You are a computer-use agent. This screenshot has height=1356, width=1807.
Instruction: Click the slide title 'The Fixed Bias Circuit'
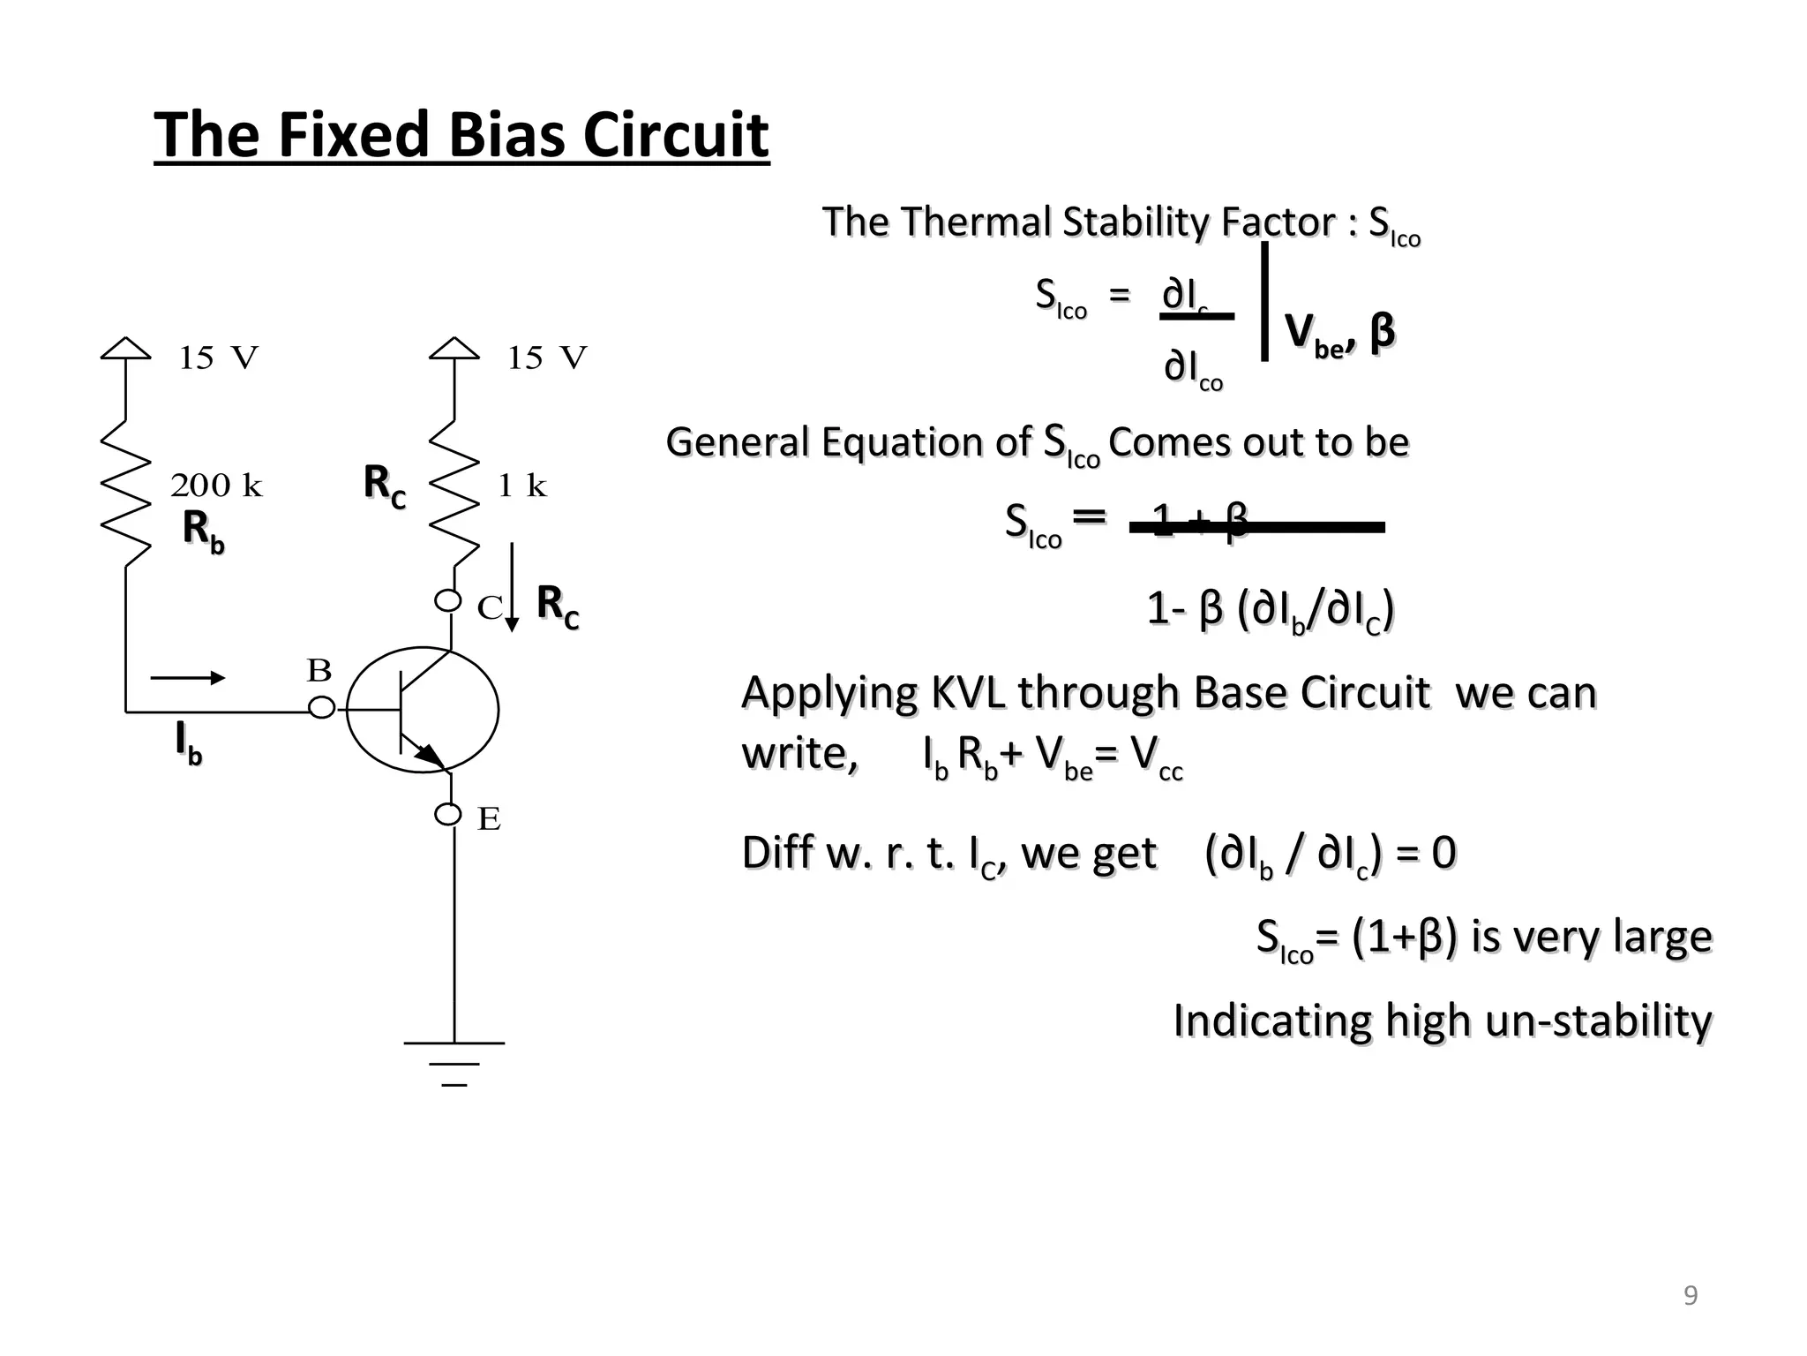click(x=461, y=135)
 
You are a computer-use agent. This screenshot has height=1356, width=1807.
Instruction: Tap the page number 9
click(x=1691, y=1296)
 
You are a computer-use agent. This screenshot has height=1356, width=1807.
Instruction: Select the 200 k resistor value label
click(x=216, y=486)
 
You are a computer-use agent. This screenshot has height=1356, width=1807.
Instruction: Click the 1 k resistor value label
click(x=522, y=486)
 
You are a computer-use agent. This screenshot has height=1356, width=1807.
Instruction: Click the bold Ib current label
click(x=189, y=742)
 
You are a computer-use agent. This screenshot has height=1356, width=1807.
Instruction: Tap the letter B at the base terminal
click(x=319, y=672)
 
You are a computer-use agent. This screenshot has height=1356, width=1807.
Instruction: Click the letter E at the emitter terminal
click(x=489, y=820)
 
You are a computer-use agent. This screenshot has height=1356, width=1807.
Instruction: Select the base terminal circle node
click(x=322, y=708)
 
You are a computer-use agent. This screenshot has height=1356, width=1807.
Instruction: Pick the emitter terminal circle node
click(x=448, y=814)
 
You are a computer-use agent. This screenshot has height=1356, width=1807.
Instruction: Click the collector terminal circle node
click(x=448, y=601)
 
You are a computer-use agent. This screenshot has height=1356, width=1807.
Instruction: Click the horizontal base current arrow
click(x=188, y=678)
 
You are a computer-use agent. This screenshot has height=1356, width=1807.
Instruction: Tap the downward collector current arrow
click(x=512, y=588)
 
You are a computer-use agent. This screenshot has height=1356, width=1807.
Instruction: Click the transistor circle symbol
click(x=423, y=710)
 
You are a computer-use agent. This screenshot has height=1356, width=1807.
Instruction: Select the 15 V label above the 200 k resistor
click(x=218, y=358)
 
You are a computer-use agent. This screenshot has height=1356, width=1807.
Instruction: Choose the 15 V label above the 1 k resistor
click(x=546, y=358)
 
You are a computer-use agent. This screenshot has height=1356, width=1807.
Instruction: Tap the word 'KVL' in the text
click(x=968, y=693)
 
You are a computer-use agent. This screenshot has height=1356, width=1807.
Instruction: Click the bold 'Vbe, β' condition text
click(x=1339, y=334)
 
